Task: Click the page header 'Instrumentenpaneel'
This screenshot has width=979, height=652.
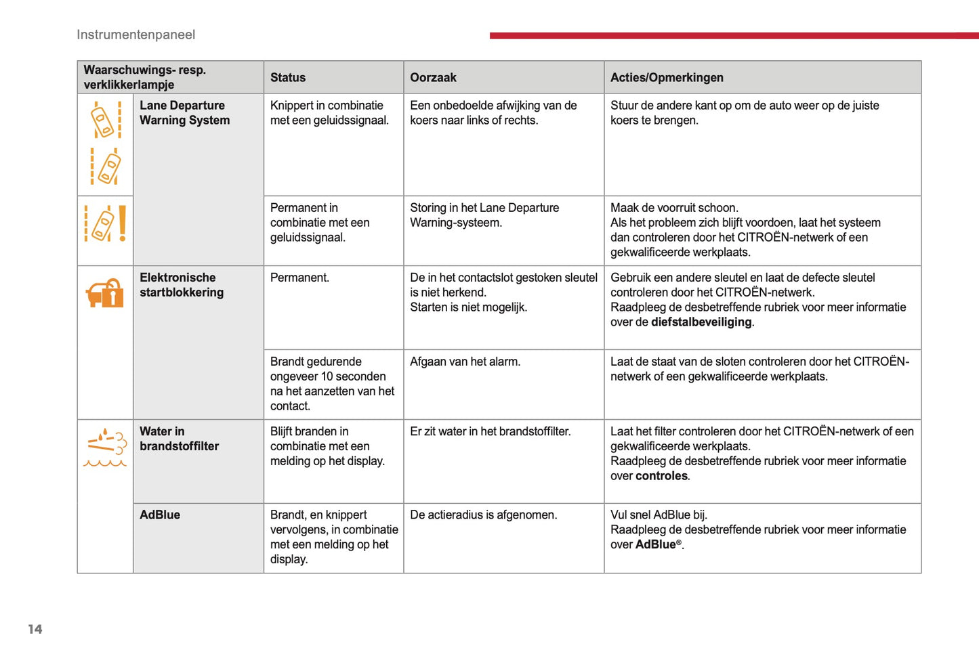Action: (x=136, y=35)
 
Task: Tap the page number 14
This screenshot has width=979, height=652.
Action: (x=35, y=629)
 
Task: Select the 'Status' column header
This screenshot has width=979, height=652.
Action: (x=288, y=77)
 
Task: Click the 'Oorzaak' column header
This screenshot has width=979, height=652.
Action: (x=433, y=77)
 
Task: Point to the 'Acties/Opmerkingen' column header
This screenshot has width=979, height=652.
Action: (x=667, y=77)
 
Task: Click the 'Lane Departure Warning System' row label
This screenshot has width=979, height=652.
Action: (x=184, y=113)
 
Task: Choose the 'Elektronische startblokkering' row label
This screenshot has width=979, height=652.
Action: (x=182, y=285)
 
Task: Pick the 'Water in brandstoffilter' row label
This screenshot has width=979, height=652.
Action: (x=179, y=439)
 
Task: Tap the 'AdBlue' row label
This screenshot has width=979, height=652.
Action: (x=160, y=515)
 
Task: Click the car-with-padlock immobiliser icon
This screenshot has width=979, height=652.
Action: (x=105, y=293)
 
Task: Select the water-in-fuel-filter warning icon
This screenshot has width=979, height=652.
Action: (x=105, y=447)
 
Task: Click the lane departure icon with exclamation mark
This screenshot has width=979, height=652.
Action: (x=105, y=223)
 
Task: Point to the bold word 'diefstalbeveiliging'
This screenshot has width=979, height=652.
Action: (x=701, y=322)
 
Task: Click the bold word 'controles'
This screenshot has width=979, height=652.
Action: (x=661, y=476)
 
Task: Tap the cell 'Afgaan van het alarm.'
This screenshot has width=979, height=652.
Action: (x=465, y=362)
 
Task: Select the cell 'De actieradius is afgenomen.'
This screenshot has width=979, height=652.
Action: (x=483, y=515)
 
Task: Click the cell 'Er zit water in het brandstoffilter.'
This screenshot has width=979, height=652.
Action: (x=490, y=431)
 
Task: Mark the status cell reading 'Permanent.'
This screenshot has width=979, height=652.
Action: (x=299, y=278)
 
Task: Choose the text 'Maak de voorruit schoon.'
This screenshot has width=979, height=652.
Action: (x=674, y=208)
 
